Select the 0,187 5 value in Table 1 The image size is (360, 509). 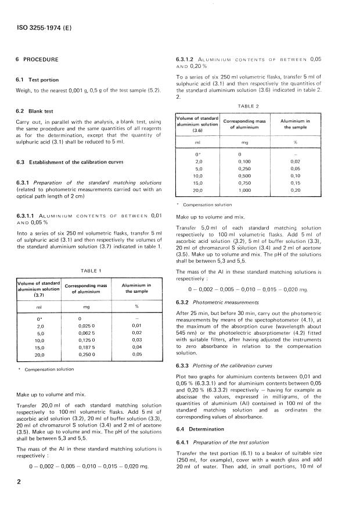tap(88, 347)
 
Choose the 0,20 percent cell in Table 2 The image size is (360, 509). tap(296, 189)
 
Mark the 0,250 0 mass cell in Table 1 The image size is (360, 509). tap(88, 354)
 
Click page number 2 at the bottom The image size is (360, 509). tap(19, 482)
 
